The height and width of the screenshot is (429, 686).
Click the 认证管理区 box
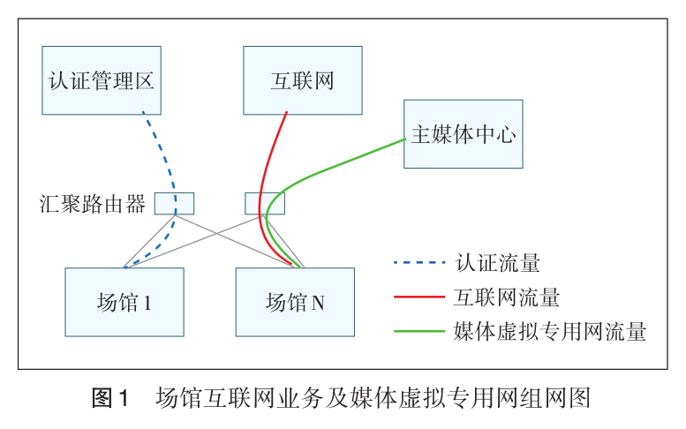(102, 80)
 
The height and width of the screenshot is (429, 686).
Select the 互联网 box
(302, 80)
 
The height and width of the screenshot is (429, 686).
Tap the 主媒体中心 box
(463, 134)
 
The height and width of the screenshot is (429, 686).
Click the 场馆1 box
(124, 302)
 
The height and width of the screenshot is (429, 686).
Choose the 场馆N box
(294, 302)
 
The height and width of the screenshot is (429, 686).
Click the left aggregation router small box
(174, 203)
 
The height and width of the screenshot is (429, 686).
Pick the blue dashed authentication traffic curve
(165, 159)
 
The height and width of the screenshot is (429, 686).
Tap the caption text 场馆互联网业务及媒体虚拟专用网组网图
(372, 397)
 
